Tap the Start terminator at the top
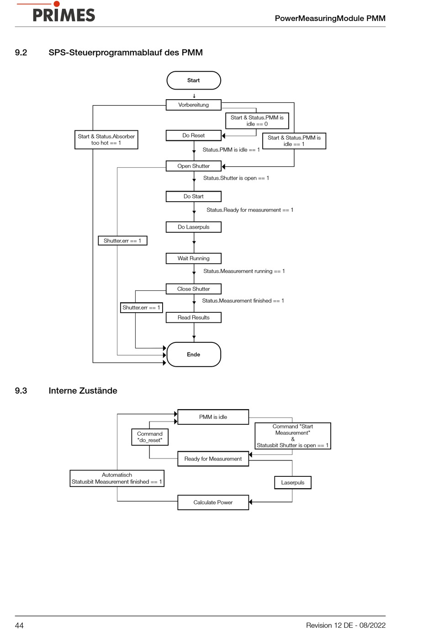[x=194, y=80]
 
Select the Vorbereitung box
[x=194, y=105]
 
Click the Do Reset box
[x=194, y=135]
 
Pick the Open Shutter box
[x=194, y=166]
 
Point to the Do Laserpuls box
[x=194, y=227]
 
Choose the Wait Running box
[x=194, y=258]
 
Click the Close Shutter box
[x=194, y=289]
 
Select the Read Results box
[x=194, y=318]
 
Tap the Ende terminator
[x=194, y=354]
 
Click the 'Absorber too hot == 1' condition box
[x=106, y=139]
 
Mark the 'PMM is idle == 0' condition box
[x=257, y=121]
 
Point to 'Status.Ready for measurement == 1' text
[x=250, y=210]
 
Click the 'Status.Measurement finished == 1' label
[x=243, y=301]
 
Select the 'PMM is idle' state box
[x=213, y=417]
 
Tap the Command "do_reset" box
[x=150, y=437]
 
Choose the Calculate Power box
[x=213, y=502]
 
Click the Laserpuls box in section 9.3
[x=293, y=483]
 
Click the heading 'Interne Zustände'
[x=83, y=390]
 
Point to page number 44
[x=19, y=625]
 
